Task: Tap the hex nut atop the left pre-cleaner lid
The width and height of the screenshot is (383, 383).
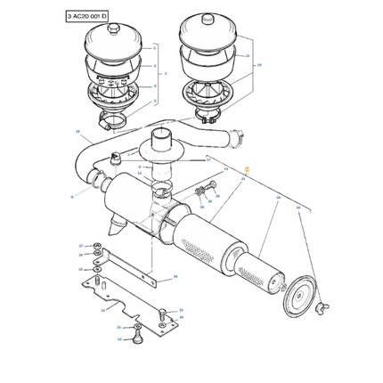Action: (113, 29)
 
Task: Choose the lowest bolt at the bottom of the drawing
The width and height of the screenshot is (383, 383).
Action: (136, 337)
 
